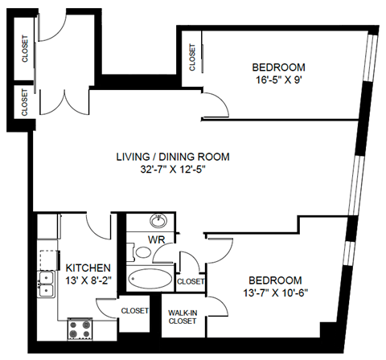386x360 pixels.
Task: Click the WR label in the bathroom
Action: point(156,239)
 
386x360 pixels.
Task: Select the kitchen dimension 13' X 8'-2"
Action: point(88,280)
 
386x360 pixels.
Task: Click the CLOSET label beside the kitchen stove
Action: point(135,310)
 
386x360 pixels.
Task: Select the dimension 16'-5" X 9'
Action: point(278,80)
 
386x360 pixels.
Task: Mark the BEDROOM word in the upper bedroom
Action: point(278,67)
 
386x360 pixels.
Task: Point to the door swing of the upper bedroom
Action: point(214,104)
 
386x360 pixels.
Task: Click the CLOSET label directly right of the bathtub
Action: point(191,281)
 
